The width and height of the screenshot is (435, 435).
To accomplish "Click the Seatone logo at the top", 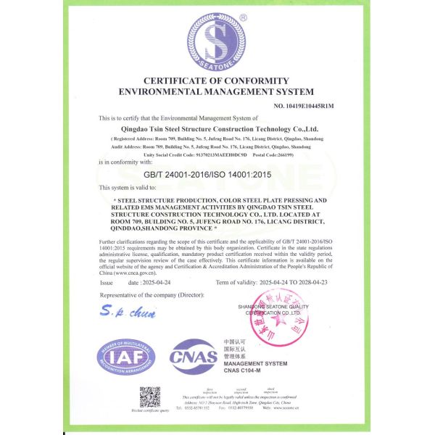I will click(x=217, y=41).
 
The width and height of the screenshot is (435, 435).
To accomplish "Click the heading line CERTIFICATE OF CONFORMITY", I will click(x=217, y=80).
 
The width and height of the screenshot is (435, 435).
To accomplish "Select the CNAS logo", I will click(x=193, y=357).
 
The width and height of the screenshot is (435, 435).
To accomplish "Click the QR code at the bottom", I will click(x=149, y=397).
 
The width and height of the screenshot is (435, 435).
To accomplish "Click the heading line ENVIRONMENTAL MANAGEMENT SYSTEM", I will click(x=217, y=92).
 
